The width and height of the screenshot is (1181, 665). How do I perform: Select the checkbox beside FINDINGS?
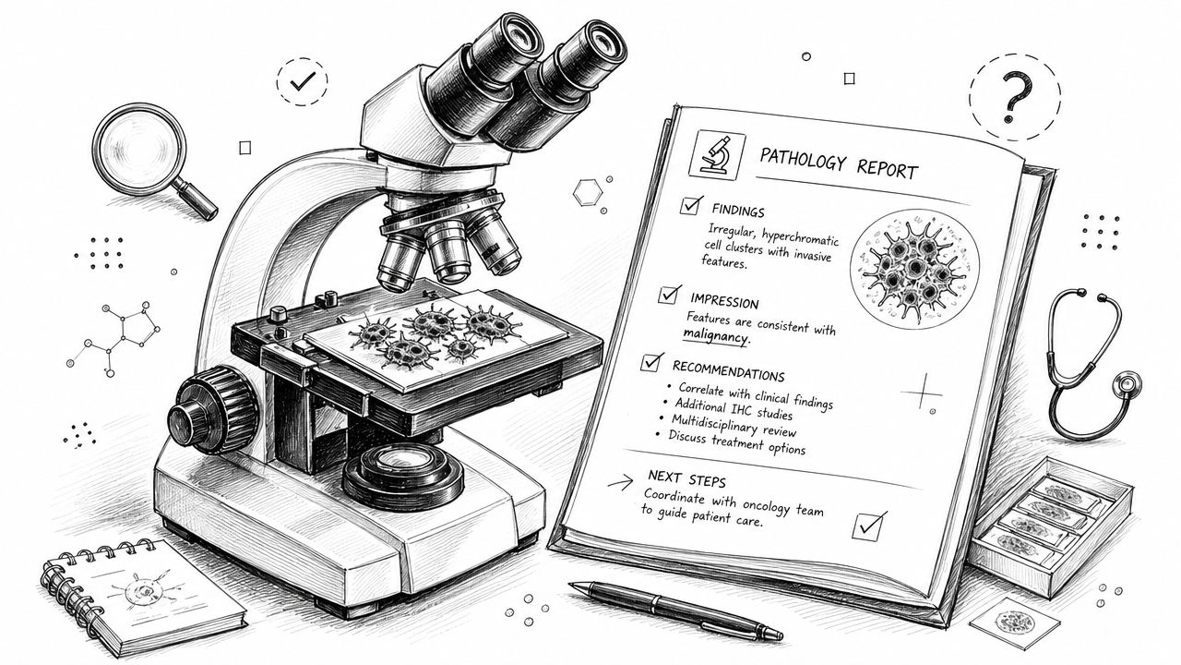tap(691, 205)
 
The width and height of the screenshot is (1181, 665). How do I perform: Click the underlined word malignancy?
tap(716, 335)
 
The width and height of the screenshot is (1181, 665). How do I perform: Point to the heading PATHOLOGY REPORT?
tap(839, 163)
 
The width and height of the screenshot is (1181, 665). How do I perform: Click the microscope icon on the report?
tap(717, 154)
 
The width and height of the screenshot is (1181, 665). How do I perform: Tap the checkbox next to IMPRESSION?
tap(669, 294)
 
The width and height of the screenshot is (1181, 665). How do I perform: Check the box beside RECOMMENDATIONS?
tap(652, 362)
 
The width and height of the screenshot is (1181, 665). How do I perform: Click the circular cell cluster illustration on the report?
tap(914, 268)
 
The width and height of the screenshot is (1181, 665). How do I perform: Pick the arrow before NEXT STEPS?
tap(621, 481)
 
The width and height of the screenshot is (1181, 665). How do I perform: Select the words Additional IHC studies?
tap(734, 408)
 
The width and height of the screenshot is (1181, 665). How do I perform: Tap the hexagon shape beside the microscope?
tap(588, 192)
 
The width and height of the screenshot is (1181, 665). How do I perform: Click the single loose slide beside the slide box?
tap(1014, 623)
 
